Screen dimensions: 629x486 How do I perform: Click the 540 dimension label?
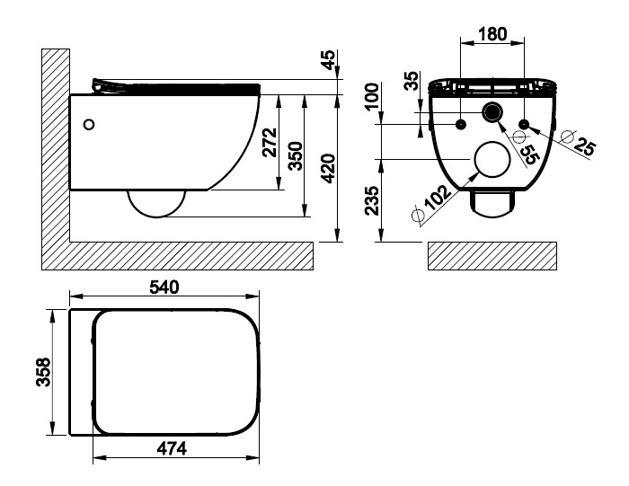click(164, 287)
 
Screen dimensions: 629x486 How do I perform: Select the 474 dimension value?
click(172, 448)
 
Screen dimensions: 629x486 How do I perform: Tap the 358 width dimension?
click(43, 372)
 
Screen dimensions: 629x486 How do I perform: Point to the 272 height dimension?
click(270, 142)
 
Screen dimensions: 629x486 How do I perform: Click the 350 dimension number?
click(296, 156)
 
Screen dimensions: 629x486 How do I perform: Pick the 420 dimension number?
click(329, 168)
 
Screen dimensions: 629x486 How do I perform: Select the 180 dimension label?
click(492, 34)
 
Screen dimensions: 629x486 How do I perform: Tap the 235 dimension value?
click(371, 200)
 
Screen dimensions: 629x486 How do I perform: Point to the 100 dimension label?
click(371, 96)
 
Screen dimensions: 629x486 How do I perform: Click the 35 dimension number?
click(412, 81)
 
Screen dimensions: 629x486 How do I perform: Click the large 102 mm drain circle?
click(492, 159)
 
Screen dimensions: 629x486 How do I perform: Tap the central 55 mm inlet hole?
click(492, 112)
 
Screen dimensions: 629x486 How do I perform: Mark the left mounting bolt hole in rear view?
click(461, 124)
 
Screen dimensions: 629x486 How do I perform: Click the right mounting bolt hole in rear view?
click(524, 124)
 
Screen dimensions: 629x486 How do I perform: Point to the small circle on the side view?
click(90, 125)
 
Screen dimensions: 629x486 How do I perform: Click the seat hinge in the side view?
click(101, 86)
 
